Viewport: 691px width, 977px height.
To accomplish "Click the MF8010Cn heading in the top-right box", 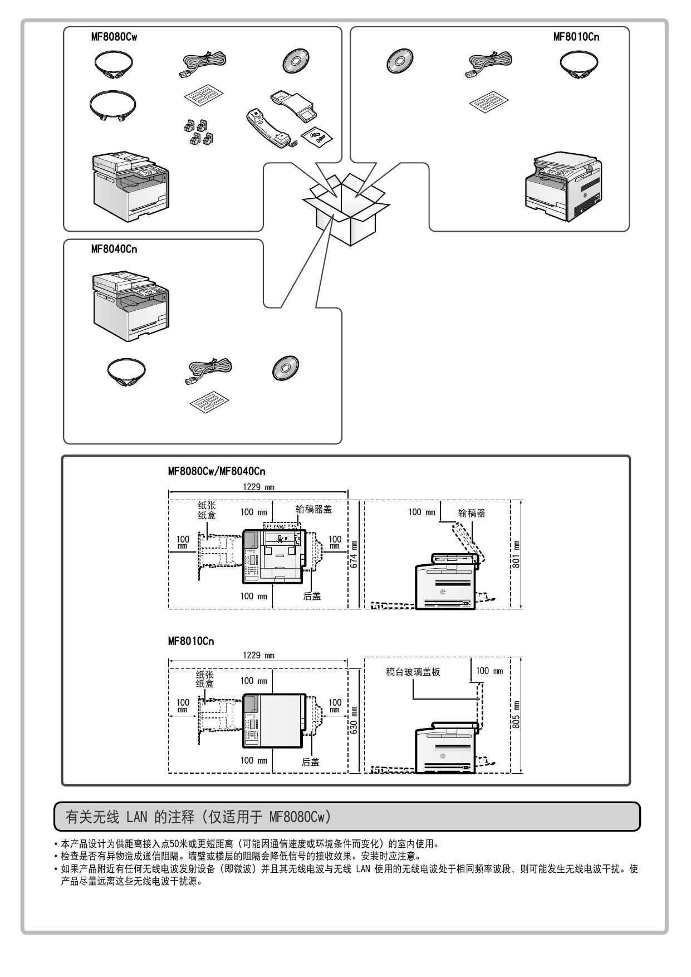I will pos(576,37).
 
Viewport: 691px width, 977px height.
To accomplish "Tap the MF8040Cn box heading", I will pos(114,249).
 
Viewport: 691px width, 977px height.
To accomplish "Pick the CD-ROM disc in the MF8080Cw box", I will pos(295,60).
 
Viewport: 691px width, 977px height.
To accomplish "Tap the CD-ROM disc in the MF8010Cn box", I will pos(399,60).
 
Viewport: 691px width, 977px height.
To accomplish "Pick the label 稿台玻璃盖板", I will pos(413,672).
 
